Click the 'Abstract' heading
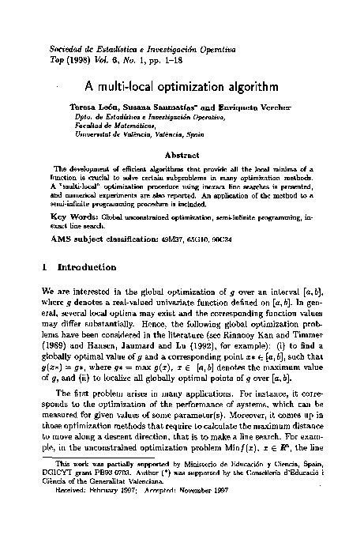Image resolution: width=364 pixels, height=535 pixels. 182,156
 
